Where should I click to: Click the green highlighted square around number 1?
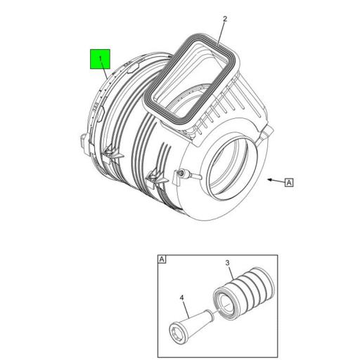[x=100, y=59]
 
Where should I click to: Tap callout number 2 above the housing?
[x=225, y=19]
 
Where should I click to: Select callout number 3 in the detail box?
[x=227, y=263]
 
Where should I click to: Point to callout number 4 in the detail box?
[x=181, y=297]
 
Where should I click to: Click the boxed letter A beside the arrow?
[x=289, y=182]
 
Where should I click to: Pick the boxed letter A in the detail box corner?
[x=162, y=259]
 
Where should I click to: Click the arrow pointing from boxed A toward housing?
[x=276, y=181]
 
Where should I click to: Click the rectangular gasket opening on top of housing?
[x=192, y=77]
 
